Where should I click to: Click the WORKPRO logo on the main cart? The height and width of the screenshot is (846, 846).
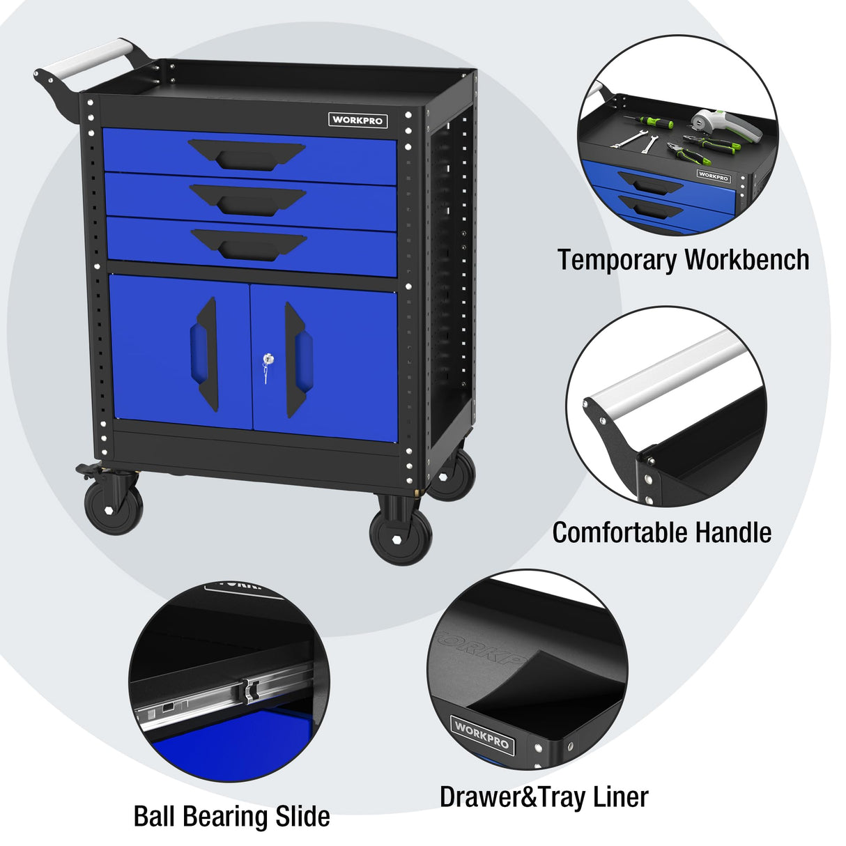(357, 120)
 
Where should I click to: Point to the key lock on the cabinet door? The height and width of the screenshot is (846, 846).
(267, 360)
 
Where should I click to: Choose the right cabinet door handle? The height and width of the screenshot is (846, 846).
(298, 360)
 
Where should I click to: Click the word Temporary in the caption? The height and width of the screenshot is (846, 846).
(617, 260)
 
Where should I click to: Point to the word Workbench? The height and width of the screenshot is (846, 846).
(746, 259)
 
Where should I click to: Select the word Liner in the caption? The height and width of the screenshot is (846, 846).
(620, 797)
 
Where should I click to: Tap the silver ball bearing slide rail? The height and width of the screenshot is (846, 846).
(223, 697)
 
